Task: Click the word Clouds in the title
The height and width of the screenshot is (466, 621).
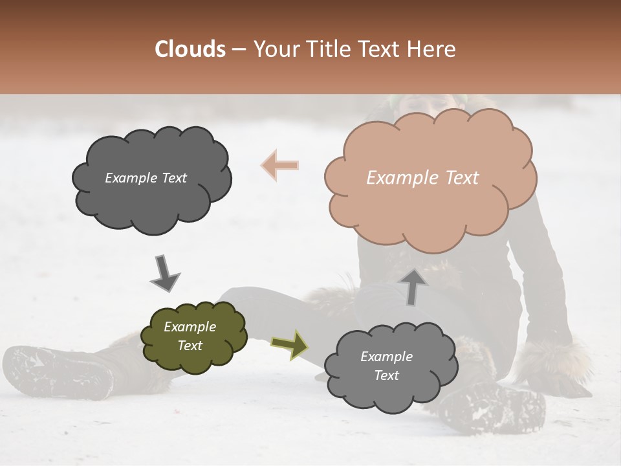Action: click(x=190, y=49)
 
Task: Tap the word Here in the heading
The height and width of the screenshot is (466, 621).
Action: click(x=431, y=49)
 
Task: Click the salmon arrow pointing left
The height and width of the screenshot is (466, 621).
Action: click(x=280, y=164)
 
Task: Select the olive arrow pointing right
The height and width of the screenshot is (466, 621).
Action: click(x=290, y=344)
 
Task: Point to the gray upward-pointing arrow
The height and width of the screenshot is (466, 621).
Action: click(x=413, y=285)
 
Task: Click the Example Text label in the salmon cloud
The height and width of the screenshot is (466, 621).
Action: click(x=422, y=178)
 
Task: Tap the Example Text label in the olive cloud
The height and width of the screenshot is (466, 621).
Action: click(x=190, y=337)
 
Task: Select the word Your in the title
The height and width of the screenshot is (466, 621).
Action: click(x=273, y=49)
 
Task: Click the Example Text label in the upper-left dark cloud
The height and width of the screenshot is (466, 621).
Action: click(x=146, y=178)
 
